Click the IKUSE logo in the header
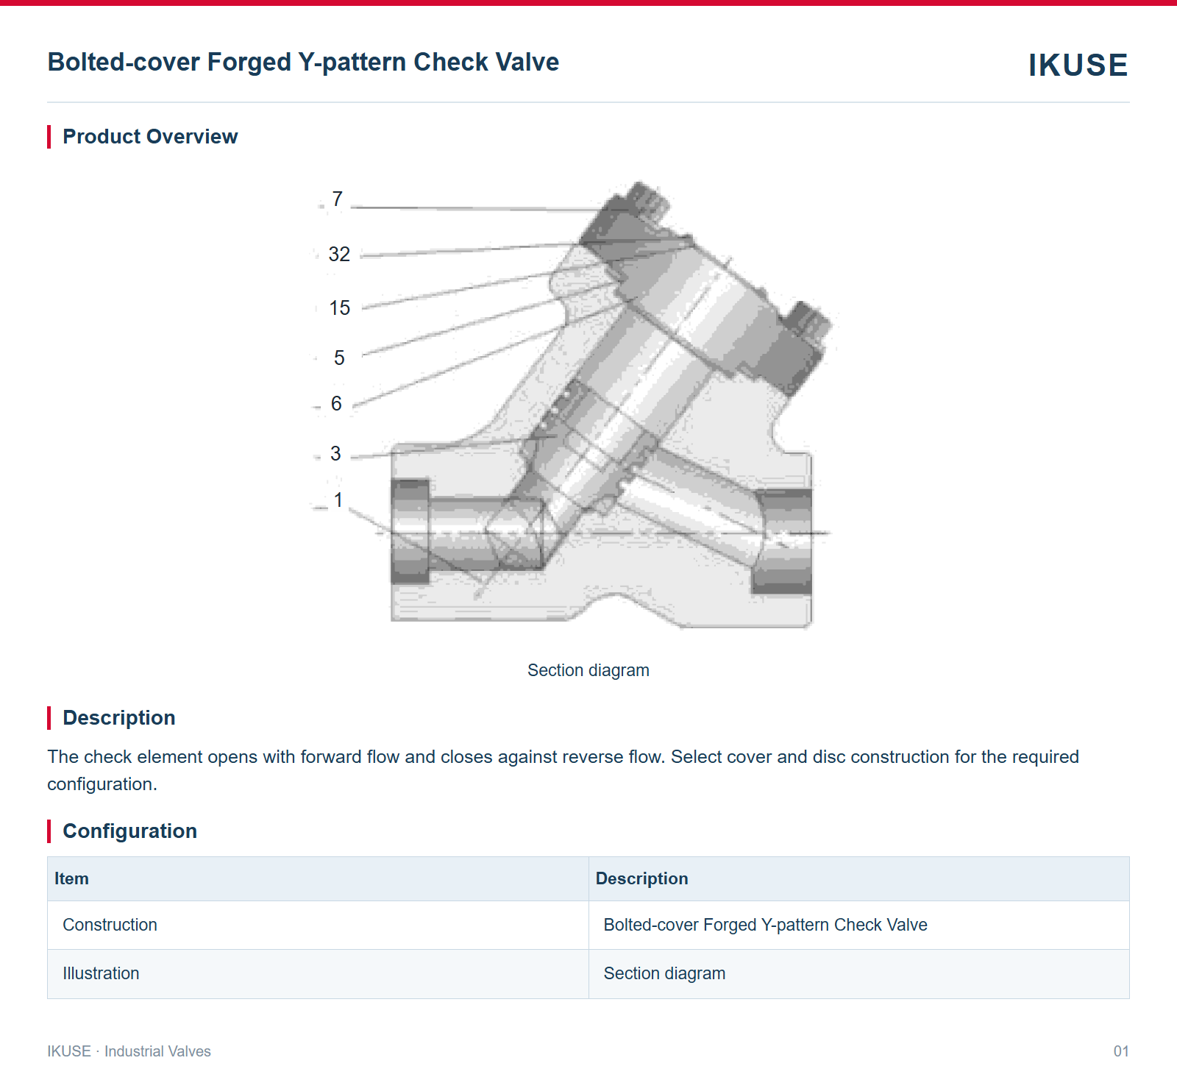coord(1078,65)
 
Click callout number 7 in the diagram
coord(337,199)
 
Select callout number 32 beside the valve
coord(339,255)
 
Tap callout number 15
coord(339,308)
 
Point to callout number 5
coord(339,358)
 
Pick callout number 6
coord(336,404)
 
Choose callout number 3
coord(335,454)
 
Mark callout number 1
coord(338,500)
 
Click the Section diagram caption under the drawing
coord(588,670)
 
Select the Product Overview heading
coord(150,137)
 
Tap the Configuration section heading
coord(129,831)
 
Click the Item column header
coord(71,878)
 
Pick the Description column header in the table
coord(641,878)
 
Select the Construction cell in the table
coord(110,925)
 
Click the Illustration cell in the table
coord(101,973)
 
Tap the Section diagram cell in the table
coord(664,973)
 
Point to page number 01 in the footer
coord(1121,1051)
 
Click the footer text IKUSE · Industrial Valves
coord(129,1051)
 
